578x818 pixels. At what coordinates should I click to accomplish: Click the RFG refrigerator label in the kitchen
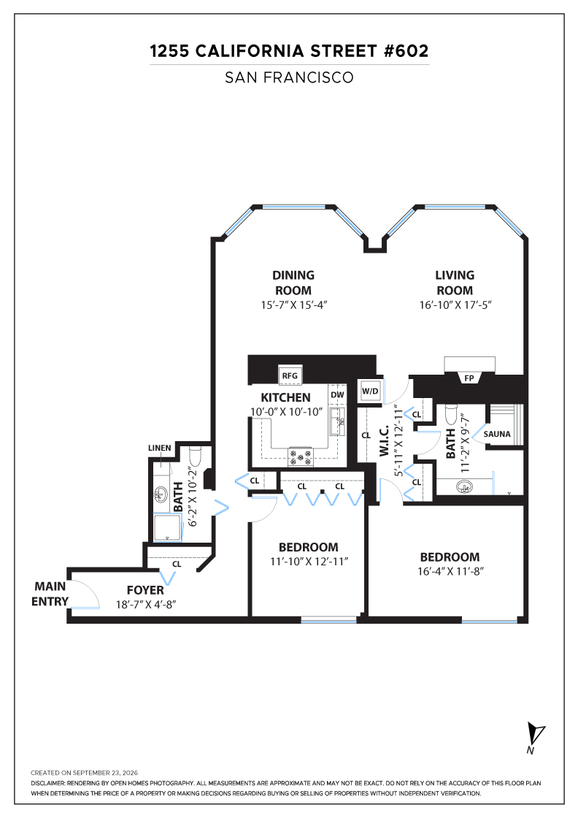(x=290, y=375)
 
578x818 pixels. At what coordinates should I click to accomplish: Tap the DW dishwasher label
(x=337, y=395)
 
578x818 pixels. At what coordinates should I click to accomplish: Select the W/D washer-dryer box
(x=370, y=391)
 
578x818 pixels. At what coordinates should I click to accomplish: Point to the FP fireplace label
(x=469, y=378)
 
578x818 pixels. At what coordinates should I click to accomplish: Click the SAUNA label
(x=497, y=434)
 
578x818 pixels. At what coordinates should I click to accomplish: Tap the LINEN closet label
(x=160, y=448)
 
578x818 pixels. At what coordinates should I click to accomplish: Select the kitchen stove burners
(x=301, y=457)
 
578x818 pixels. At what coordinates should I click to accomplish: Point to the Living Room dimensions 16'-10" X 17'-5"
(x=455, y=305)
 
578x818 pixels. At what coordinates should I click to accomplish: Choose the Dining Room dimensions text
(x=294, y=305)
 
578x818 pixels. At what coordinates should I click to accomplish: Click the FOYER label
(x=145, y=590)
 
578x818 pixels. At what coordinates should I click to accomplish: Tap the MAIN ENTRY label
(x=50, y=594)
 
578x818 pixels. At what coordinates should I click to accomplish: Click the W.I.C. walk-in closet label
(x=384, y=441)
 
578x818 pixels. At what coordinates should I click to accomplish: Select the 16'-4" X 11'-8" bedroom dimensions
(x=450, y=571)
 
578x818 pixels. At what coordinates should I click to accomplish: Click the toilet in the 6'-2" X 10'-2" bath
(x=196, y=457)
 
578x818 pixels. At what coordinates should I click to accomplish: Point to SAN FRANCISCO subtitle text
(x=289, y=77)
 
